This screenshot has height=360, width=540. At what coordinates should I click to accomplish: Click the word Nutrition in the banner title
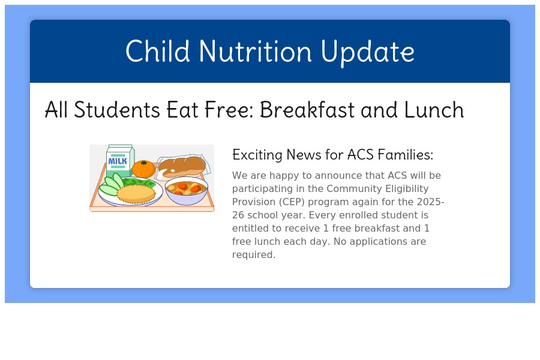point(255,51)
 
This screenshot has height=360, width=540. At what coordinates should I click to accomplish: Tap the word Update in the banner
point(367,53)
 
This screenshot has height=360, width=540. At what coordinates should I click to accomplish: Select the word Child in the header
point(158,51)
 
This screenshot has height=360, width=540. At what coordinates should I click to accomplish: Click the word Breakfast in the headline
point(307,110)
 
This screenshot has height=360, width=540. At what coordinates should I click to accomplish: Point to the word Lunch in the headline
point(434,110)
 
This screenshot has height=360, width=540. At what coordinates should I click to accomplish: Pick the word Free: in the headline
point(229,110)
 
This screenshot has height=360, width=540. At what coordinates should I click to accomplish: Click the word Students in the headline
point(117,110)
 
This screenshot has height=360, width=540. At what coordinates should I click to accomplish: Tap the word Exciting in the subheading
point(257,155)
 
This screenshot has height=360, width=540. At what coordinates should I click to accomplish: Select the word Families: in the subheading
point(406,154)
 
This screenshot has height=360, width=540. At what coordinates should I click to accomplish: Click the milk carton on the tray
point(119,161)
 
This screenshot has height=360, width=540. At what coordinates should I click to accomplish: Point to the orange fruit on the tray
point(143,169)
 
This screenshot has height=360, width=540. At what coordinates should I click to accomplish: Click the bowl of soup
point(187,191)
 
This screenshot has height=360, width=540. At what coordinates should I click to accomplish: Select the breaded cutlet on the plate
point(136,194)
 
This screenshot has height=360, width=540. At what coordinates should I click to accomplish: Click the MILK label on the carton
point(118,161)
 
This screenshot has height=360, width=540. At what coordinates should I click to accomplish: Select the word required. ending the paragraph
point(254,255)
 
